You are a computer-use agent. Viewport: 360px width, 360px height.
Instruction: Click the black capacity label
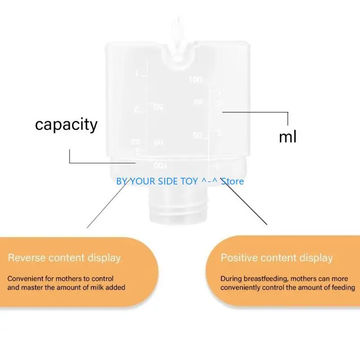tap(66, 124)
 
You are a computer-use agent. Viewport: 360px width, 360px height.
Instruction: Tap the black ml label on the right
tap(288, 136)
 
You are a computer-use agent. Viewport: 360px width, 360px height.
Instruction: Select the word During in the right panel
tap(230, 279)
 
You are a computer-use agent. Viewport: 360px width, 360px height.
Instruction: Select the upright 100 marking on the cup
tap(196, 80)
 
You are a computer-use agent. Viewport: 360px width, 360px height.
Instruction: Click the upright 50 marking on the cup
tap(198, 135)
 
